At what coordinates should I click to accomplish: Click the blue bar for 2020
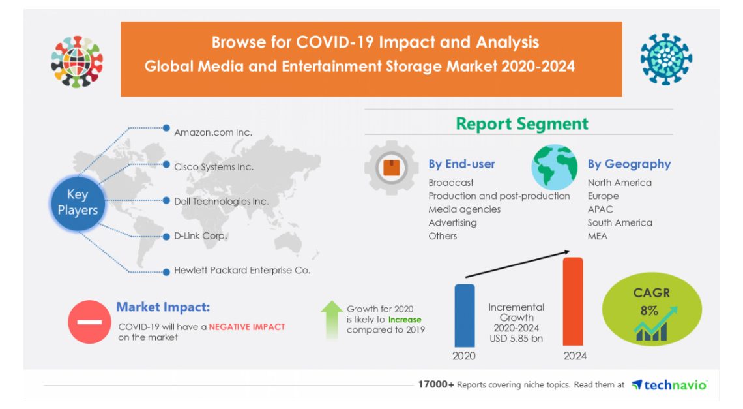point(464,314)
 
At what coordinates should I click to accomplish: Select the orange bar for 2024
point(572,301)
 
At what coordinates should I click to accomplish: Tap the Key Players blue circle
point(78,202)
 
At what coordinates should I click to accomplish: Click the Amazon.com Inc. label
point(212,132)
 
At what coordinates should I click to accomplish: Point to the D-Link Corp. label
point(200,235)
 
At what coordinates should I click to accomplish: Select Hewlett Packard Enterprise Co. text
point(242,270)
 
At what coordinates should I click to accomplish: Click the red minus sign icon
point(89,322)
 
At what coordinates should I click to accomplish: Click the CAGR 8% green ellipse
point(651,312)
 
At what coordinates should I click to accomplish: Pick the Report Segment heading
point(521,124)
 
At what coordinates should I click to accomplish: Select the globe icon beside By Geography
point(554,168)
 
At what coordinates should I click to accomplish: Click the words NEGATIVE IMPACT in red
point(246,327)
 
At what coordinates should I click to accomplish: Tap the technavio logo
point(669,385)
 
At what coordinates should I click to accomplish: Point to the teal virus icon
point(665,60)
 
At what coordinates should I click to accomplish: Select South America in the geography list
point(619,222)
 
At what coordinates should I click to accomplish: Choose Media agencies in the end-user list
point(464,209)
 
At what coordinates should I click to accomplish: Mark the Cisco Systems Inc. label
point(213,167)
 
